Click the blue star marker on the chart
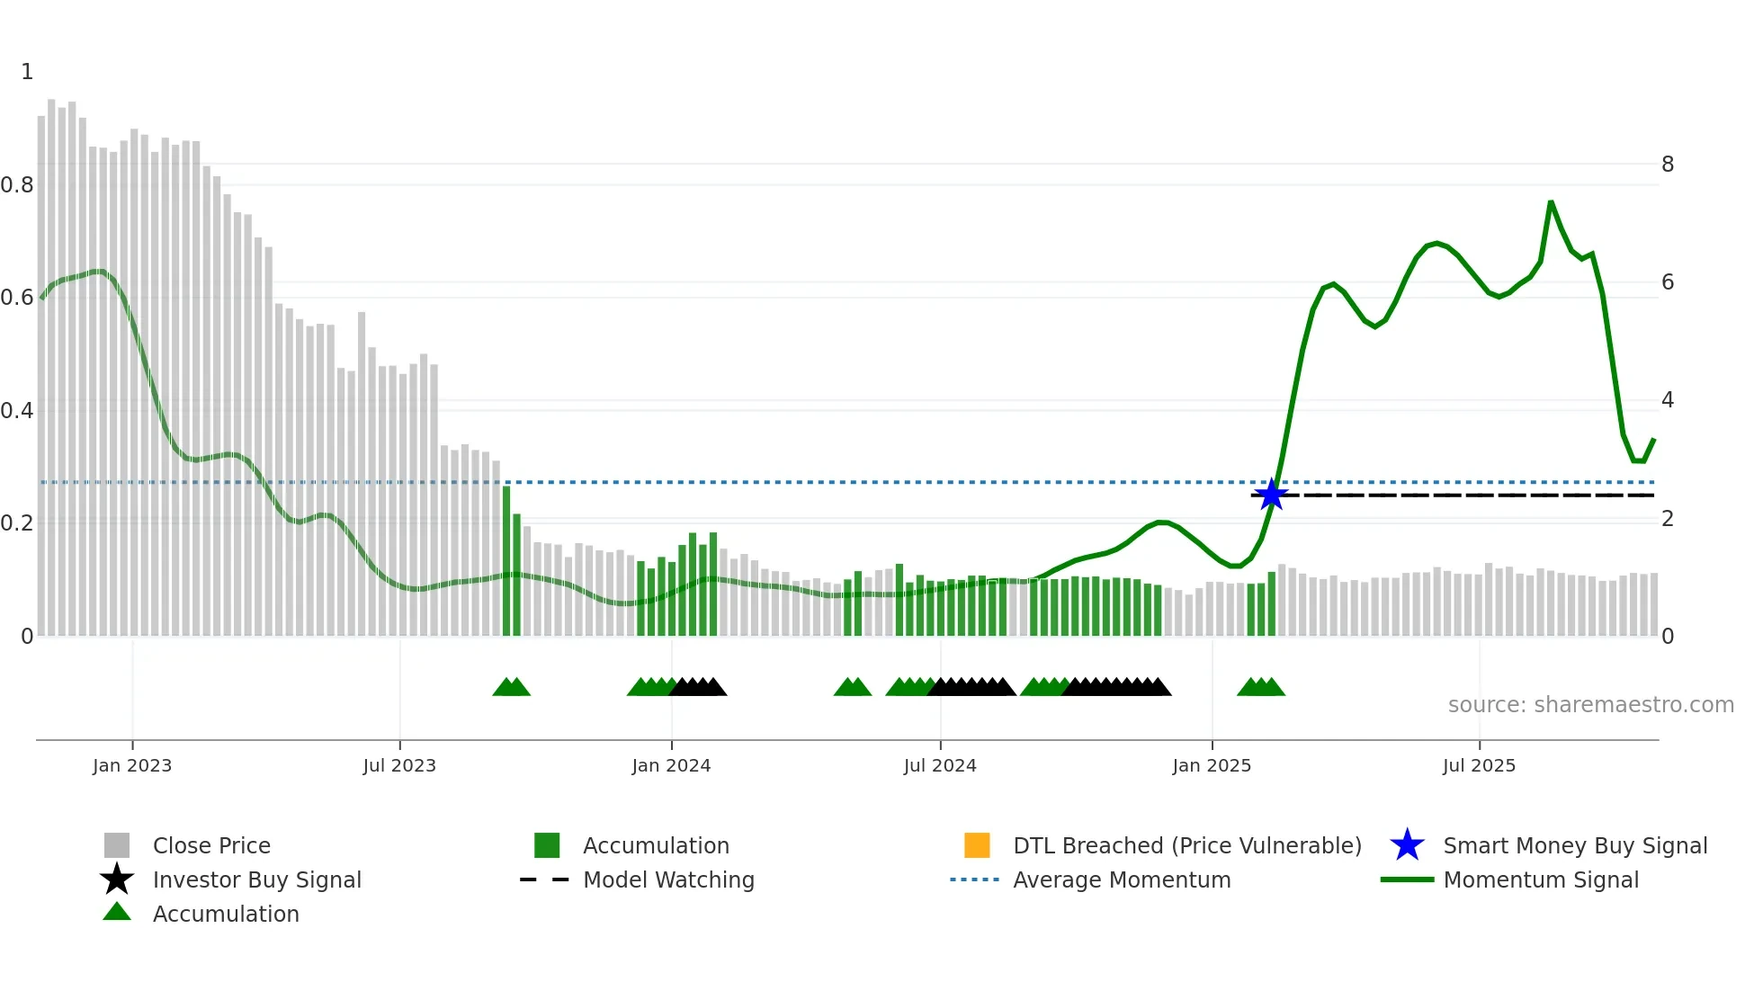(1271, 495)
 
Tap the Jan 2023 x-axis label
(132, 765)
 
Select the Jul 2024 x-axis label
(940, 765)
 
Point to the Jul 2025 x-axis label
(1479, 765)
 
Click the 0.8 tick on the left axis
(17, 185)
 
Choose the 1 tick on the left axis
(27, 72)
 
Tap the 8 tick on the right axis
(1668, 165)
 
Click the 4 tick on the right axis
(1668, 400)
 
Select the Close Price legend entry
(211, 845)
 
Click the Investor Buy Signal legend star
(117, 879)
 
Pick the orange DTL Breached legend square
(977, 845)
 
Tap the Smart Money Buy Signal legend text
(1575, 845)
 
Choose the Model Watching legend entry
(668, 879)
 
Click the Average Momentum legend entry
(1122, 879)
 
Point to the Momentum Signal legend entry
(1541, 879)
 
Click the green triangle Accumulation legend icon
(117, 912)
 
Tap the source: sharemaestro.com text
(1590, 705)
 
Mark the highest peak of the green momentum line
(1551, 202)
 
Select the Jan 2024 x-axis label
(671, 765)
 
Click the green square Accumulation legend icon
(547, 845)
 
